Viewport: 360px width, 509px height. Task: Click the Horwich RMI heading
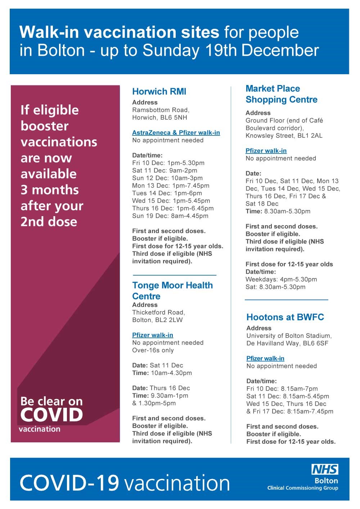click(x=159, y=91)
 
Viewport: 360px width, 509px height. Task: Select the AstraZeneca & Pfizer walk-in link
click(x=176, y=133)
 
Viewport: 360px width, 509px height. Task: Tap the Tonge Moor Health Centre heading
click(x=172, y=290)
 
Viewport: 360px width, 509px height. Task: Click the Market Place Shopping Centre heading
click(x=281, y=94)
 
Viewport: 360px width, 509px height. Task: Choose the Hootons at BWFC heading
click(x=285, y=317)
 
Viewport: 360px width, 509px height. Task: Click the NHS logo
click(x=325, y=469)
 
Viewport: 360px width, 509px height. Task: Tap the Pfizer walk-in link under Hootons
click(x=265, y=358)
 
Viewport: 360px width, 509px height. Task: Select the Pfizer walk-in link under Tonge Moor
click(x=153, y=335)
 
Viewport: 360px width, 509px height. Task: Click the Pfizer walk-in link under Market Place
click(x=266, y=151)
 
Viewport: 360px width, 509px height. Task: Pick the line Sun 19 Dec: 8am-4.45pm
click(x=170, y=216)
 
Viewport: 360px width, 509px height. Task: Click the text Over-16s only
click(x=153, y=350)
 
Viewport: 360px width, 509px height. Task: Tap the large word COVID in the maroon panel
click(x=51, y=415)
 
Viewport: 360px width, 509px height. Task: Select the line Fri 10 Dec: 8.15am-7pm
click(x=282, y=389)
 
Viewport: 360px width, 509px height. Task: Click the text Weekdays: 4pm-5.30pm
click(x=281, y=280)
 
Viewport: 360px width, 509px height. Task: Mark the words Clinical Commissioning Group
click(x=302, y=488)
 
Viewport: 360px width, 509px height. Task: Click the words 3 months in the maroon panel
click(x=50, y=190)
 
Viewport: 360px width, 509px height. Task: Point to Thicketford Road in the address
click(x=158, y=312)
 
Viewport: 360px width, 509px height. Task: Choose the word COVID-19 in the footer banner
click(x=69, y=483)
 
